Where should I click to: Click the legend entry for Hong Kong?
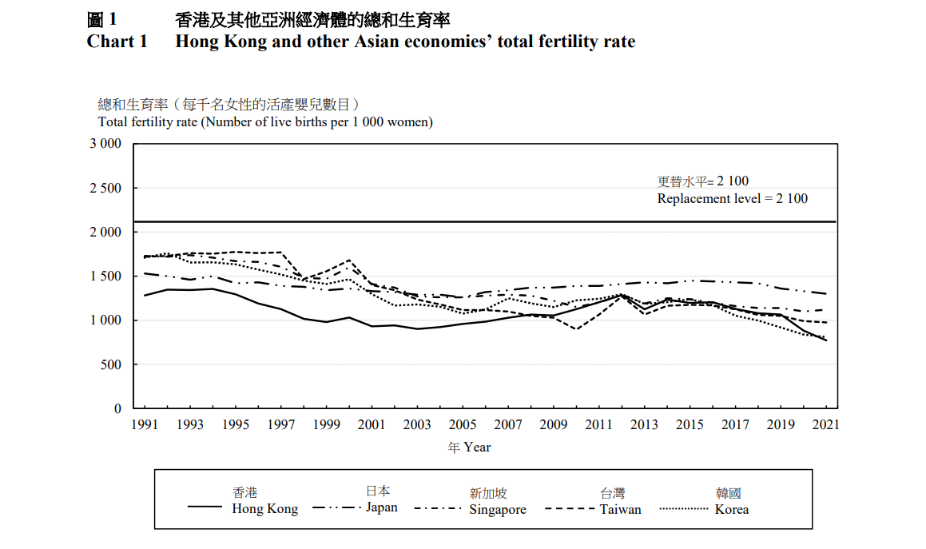[264, 509]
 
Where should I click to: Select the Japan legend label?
[381, 507]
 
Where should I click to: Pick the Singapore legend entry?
[498, 510]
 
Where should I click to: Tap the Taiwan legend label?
[620, 509]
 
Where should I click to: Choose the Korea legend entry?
[731, 509]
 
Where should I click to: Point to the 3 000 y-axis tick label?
[105, 144]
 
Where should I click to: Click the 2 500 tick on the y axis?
[105, 189]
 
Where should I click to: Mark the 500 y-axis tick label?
[111, 365]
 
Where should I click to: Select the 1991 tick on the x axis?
[144, 425]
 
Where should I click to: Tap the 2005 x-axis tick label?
[462, 425]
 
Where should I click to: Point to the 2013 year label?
[644, 425]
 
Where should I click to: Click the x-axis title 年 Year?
[469, 448]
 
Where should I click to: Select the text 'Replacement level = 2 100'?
[732, 199]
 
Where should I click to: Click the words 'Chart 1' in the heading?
[117, 42]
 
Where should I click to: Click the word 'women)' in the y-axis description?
[411, 122]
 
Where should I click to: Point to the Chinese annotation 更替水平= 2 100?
[702, 181]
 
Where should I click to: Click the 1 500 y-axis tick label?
[105, 276]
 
